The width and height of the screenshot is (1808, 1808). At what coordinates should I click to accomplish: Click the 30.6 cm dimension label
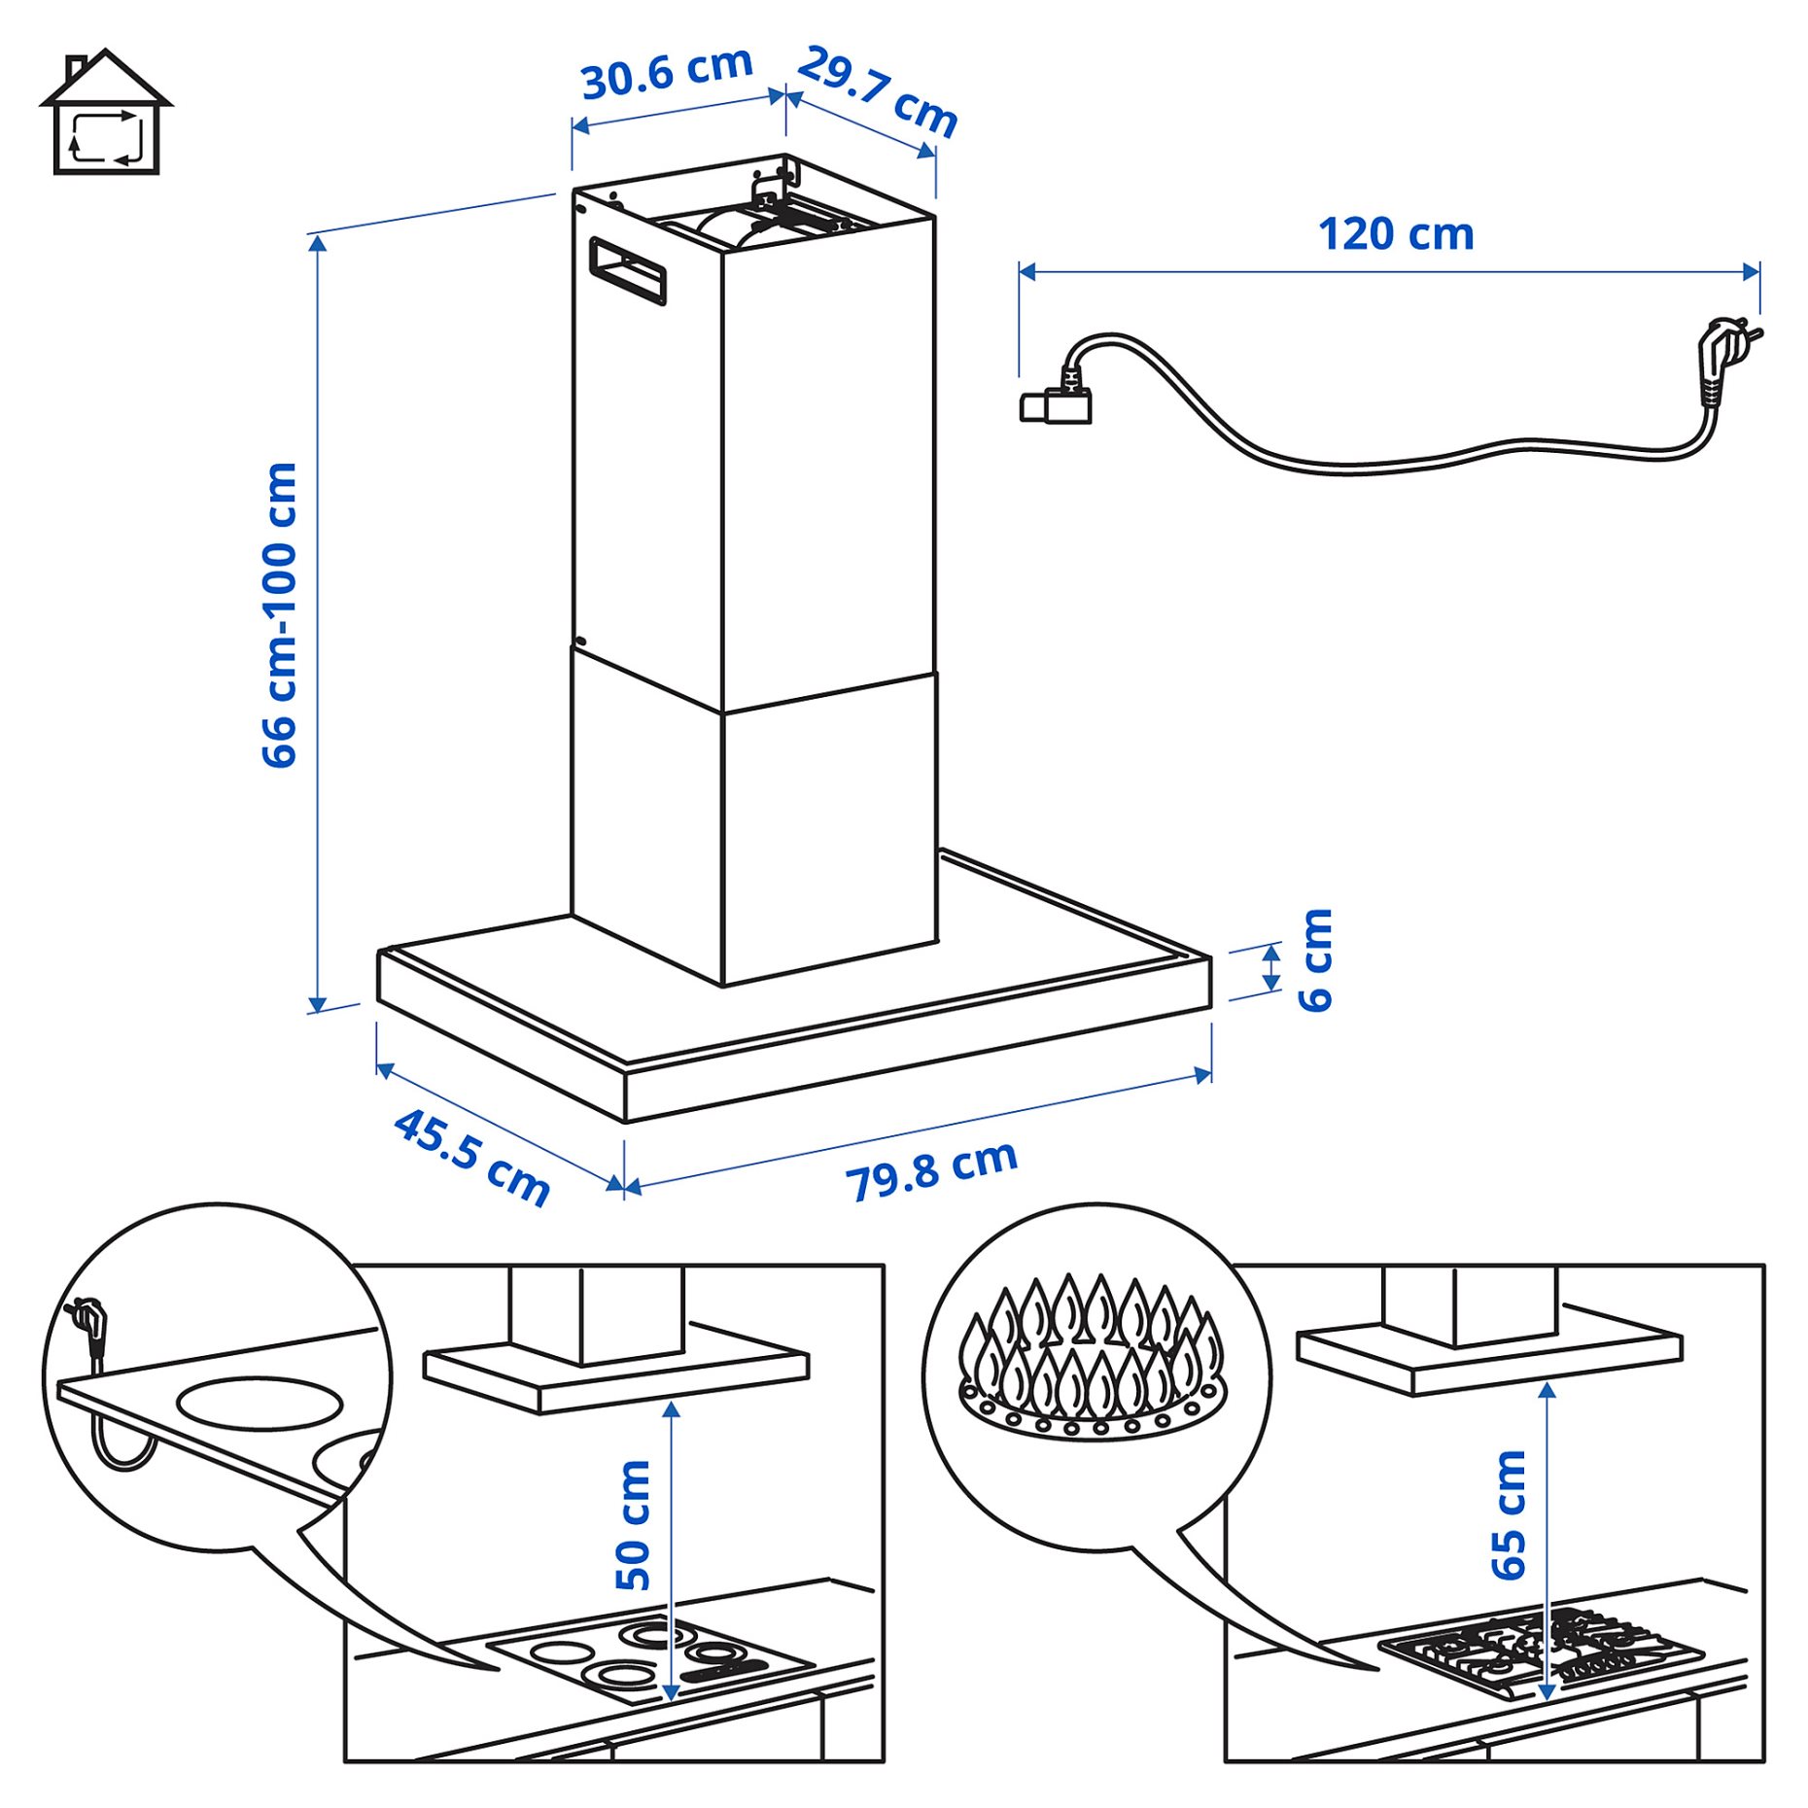667,73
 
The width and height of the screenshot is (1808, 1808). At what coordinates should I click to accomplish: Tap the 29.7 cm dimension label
878,91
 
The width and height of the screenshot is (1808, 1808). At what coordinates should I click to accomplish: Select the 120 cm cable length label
1395,234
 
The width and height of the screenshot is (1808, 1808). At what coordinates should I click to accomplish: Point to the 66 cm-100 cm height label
280,614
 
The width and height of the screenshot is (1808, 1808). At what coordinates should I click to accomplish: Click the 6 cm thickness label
1316,960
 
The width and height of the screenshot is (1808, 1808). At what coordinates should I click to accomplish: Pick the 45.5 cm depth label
472,1157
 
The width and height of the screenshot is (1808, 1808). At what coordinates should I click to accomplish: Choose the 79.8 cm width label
931,1170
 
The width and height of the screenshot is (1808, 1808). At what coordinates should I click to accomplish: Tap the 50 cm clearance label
633,1523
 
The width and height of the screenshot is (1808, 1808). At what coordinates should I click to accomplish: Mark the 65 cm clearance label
1509,1513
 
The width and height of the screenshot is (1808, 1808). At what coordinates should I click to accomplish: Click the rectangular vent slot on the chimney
628,270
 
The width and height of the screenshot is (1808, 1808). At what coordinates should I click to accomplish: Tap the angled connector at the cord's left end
1057,401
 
